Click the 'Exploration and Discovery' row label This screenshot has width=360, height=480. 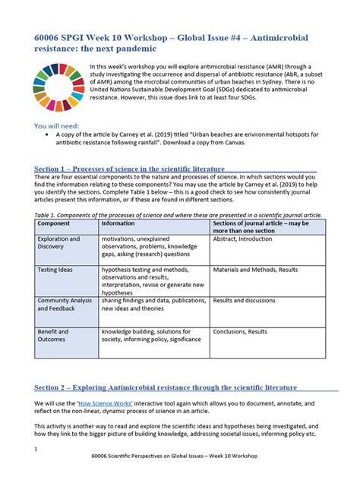tap(59, 244)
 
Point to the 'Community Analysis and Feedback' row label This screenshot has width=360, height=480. tap(65, 305)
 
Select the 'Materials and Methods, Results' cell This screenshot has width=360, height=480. tap(256, 269)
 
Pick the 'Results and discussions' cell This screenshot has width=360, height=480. tap(245, 300)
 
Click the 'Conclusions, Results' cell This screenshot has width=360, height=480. tap(240, 332)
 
